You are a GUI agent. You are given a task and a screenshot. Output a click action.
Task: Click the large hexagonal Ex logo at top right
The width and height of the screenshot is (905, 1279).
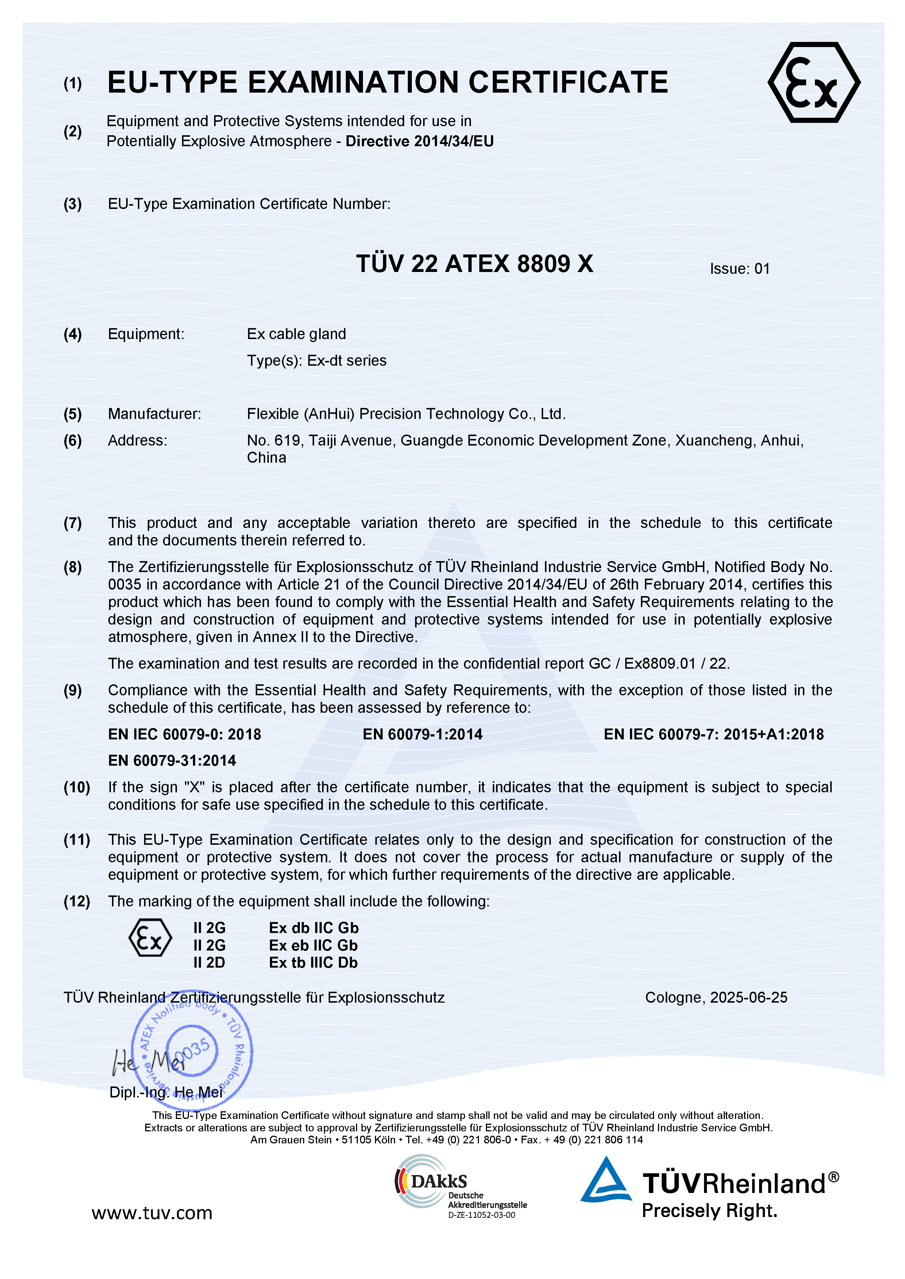813,82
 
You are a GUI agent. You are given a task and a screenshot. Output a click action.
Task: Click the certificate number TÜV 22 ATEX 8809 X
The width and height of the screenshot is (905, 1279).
474,264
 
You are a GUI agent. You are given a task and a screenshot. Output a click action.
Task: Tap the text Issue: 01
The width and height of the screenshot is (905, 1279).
739,269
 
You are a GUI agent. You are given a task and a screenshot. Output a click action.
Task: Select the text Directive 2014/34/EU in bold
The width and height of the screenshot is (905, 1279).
419,141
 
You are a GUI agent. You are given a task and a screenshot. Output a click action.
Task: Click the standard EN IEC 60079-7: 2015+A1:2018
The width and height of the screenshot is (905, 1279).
713,735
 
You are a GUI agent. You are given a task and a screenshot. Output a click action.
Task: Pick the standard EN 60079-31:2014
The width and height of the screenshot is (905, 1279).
172,761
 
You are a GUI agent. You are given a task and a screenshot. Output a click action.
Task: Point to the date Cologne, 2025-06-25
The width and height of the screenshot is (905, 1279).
716,998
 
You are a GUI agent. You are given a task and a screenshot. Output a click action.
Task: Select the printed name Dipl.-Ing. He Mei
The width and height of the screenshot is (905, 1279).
166,1092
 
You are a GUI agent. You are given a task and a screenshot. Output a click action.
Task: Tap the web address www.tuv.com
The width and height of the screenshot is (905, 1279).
152,1213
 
